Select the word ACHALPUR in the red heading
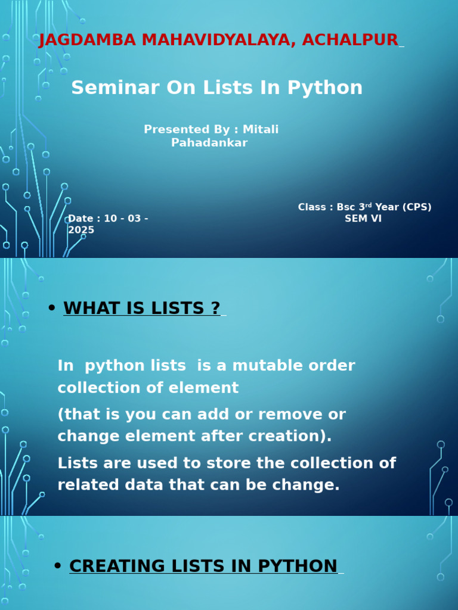coord(350,40)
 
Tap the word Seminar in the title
coord(115,88)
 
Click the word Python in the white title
coord(325,88)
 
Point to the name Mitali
coord(261,129)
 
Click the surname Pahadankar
coord(209,143)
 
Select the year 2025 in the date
coord(81,230)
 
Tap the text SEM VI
coord(363,219)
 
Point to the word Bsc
coord(346,207)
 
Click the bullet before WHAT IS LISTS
coord(51,308)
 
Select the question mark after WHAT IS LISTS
coord(216,309)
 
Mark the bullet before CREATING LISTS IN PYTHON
coord(58,566)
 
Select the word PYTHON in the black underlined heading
coord(298,567)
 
